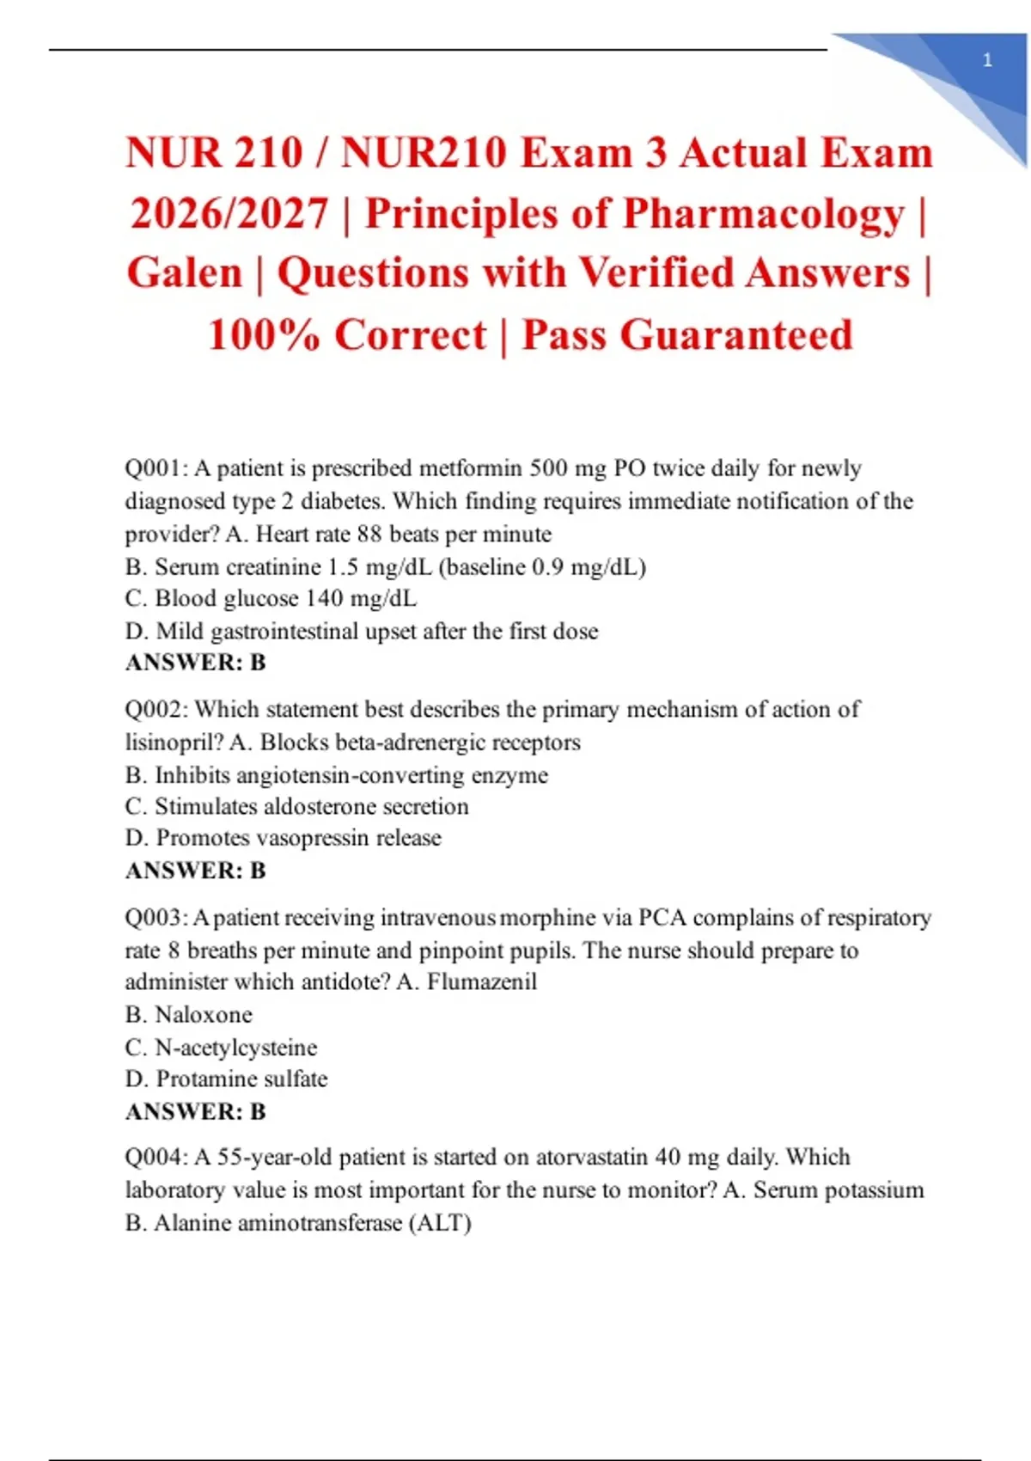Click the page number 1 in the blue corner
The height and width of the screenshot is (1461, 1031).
tap(987, 60)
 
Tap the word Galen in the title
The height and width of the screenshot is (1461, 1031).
tap(185, 273)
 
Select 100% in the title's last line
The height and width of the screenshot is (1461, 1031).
tap(264, 334)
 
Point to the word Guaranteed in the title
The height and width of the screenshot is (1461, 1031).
tap(735, 334)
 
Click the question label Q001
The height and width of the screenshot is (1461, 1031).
tap(156, 468)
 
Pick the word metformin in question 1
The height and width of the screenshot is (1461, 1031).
tap(469, 468)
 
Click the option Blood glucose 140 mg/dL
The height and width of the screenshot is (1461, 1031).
tap(271, 598)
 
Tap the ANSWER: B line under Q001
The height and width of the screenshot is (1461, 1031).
tap(196, 663)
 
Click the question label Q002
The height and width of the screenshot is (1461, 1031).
tap(156, 710)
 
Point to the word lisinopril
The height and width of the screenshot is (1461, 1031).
tap(174, 743)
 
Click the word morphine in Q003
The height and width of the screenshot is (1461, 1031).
tap(547, 918)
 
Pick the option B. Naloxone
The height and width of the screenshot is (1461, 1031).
tap(189, 1015)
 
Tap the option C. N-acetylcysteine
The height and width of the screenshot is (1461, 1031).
tap(221, 1048)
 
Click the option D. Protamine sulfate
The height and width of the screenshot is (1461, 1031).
tap(226, 1079)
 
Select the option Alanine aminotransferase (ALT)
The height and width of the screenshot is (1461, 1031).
tap(298, 1223)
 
